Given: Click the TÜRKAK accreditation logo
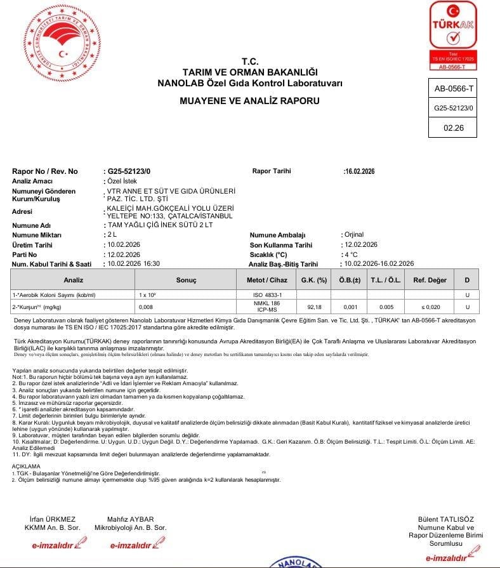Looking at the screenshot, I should click(x=453, y=35).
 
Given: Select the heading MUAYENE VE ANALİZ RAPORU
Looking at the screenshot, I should click(x=249, y=101).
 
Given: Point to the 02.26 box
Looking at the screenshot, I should click(x=454, y=128).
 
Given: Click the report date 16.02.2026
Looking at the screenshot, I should click(x=360, y=171).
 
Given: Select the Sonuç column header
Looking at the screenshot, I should click(x=186, y=280).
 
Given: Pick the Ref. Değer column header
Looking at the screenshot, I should click(x=430, y=280).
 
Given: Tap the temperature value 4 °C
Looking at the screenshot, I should click(x=352, y=254).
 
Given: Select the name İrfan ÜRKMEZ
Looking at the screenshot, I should click(x=53, y=519).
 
